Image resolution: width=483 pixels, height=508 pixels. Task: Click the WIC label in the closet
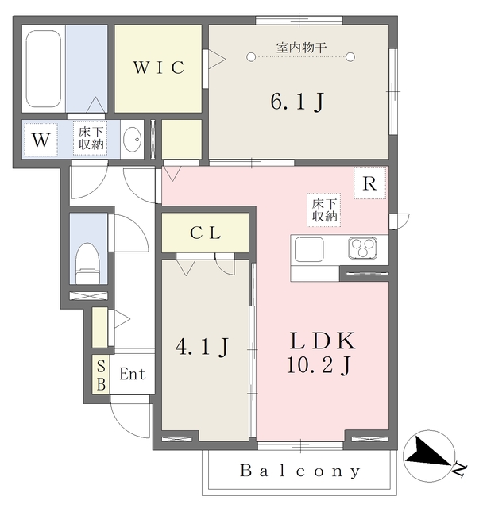pos(158,68)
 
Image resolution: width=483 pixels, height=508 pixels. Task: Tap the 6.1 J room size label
pos(297,102)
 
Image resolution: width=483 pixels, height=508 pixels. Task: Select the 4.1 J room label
pos(203,346)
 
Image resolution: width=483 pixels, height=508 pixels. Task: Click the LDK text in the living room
pos(322,341)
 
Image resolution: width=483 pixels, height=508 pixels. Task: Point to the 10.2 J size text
pos(322,365)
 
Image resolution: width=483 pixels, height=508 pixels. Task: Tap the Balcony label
pos(301,471)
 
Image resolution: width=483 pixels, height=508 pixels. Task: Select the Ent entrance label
pos(133,374)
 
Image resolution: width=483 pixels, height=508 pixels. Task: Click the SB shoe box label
pos(101,374)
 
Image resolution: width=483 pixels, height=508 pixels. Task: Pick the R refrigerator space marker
pos(369,183)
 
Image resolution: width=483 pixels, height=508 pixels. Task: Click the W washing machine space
pos(41,140)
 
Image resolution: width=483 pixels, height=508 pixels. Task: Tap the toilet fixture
pos(87,262)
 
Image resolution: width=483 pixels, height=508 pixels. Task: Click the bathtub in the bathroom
pos(44,69)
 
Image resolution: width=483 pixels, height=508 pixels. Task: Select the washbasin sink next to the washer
pos(133,140)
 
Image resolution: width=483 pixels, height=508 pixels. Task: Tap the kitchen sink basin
pos(309,249)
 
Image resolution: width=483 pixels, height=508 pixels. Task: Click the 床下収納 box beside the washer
pos(91,138)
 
